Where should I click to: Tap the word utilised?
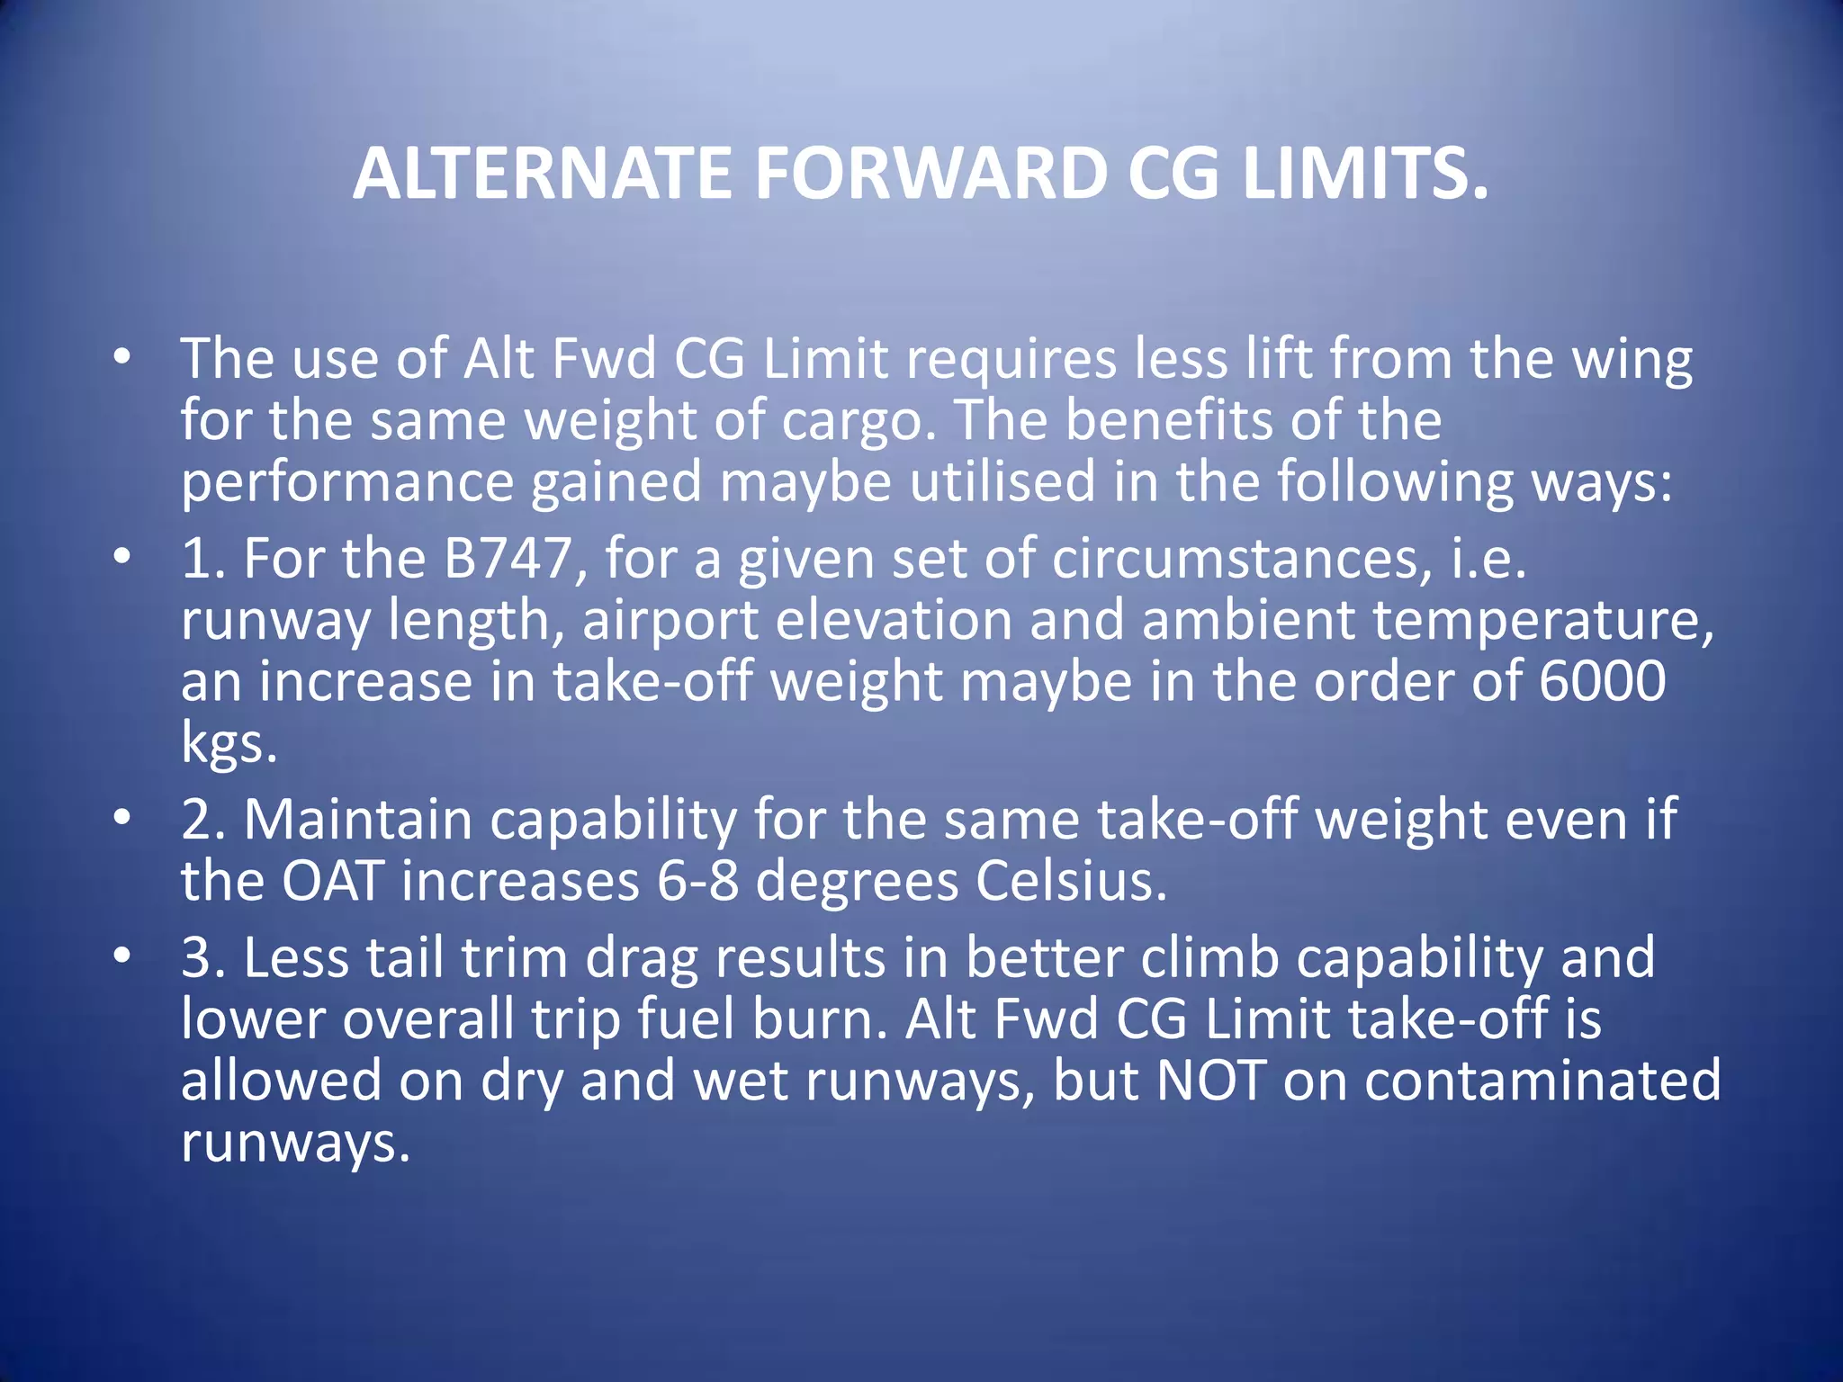click(x=1002, y=481)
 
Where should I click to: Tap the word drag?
click(x=642, y=957)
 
